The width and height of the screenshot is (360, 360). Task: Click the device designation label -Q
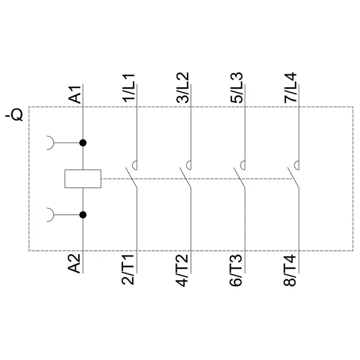point(14,115)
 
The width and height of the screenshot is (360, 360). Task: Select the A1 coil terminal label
point(75,94)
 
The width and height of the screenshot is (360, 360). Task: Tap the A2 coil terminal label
point(75,263)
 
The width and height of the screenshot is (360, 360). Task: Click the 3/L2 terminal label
point(183,88)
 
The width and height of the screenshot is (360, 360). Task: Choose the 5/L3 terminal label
point(237,88)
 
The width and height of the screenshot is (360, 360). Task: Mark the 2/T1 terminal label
point(128,269)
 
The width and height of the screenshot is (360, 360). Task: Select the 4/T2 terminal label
point(183,271)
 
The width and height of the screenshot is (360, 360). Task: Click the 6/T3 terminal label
point(236,270)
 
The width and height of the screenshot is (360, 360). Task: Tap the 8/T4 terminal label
point(290,270)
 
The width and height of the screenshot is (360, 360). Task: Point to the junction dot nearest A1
point(83,143)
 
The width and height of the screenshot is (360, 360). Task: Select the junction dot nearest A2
point(83,215)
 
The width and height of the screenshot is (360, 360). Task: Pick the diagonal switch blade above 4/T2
point(185,178)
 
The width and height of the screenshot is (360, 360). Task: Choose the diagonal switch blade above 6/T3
point(239,178)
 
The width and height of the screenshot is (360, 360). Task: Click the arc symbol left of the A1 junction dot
point(53,143)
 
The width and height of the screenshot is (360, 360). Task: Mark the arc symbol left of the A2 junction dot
point(53,215)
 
